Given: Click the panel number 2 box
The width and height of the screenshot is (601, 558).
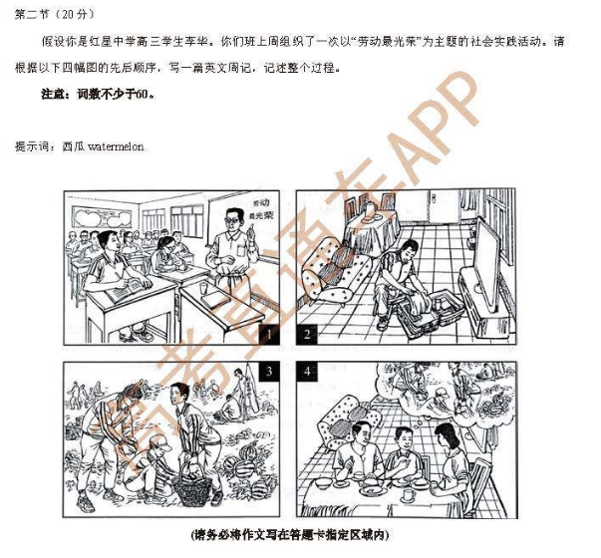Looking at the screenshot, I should point(308,334).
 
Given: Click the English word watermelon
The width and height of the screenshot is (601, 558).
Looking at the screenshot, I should point(116,146).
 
